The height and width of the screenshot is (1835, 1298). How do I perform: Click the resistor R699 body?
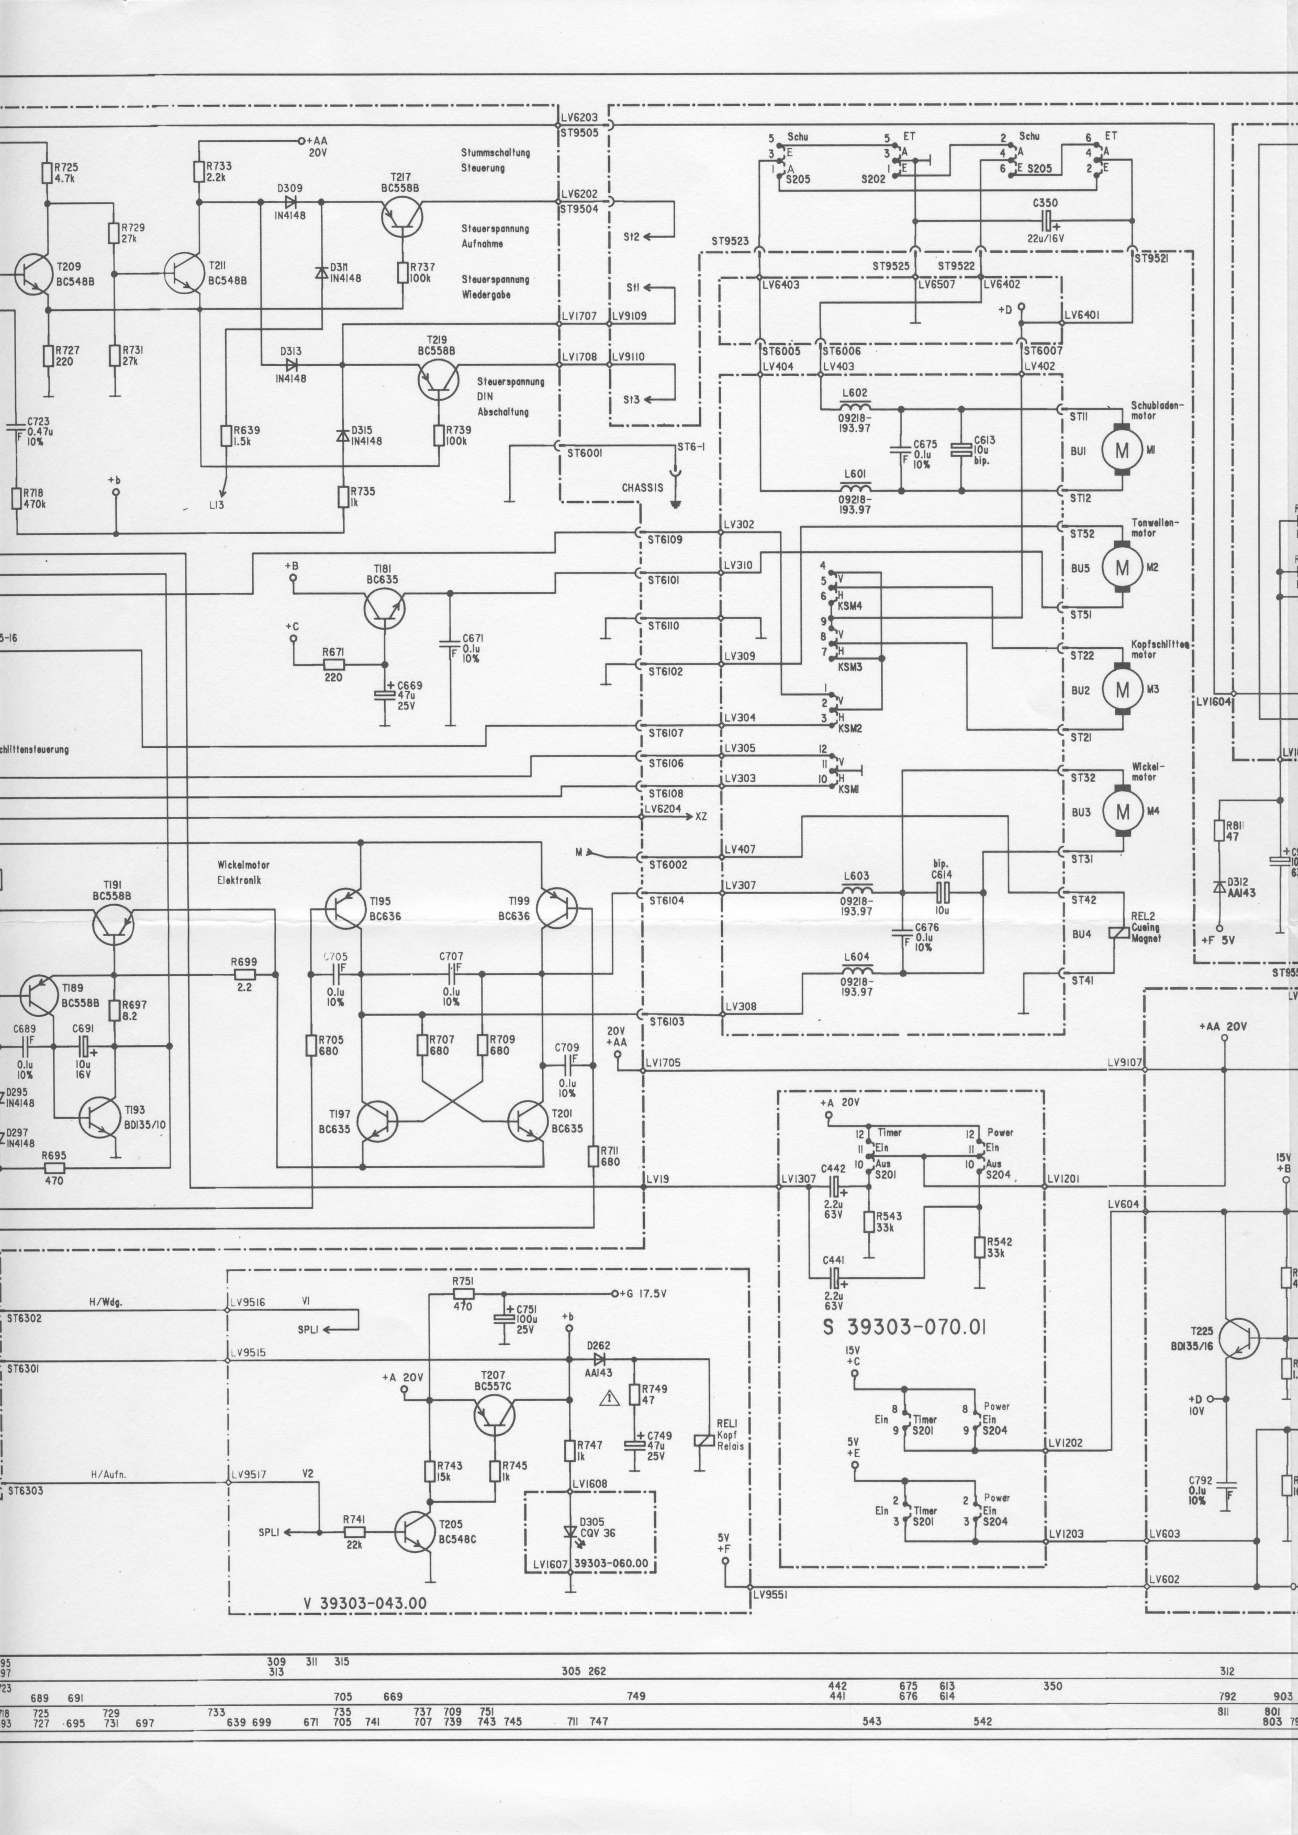pyautogui.click(x=244, y=974)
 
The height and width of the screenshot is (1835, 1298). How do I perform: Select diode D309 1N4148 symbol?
pyautogui.click(x=291, y=201)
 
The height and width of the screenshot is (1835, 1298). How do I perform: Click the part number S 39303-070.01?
pyautogui.click(x=904, y=1327)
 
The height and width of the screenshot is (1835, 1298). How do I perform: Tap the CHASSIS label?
pyautogui.click(x=643, y=488)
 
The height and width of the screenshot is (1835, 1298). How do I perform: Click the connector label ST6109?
pyautogui.click(x=665, y=541)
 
